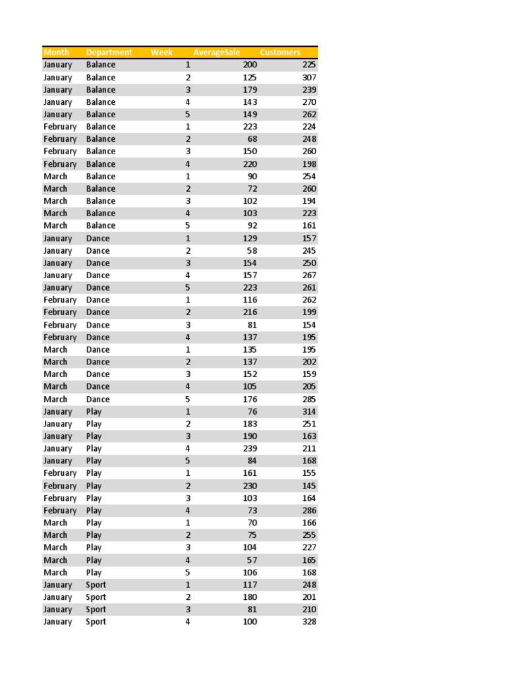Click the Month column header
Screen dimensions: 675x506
[56, 52]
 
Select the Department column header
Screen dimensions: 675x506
[109, 52]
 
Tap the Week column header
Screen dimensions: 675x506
[161, 52]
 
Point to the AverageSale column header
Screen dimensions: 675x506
[217, 52]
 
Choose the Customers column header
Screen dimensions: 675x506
[280, 52]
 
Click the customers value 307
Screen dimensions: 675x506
[309, 77]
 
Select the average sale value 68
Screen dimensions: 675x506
[252, 139]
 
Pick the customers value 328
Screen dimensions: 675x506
[309, 622]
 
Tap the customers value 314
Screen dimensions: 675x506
[309, 411]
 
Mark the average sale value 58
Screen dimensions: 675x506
[252, 250]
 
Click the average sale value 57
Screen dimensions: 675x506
[252, 560]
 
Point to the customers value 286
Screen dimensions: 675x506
[309, 510]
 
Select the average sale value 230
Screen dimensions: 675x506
[250, 486]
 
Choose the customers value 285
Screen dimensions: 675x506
[309, 399]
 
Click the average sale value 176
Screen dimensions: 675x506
[250, 399]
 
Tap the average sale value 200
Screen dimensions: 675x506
[250, 65]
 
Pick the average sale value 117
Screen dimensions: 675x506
[250, 585]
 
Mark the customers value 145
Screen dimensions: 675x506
[309, 486]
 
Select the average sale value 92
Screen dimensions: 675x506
[252, 225]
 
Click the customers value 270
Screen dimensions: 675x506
[309, 102]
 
